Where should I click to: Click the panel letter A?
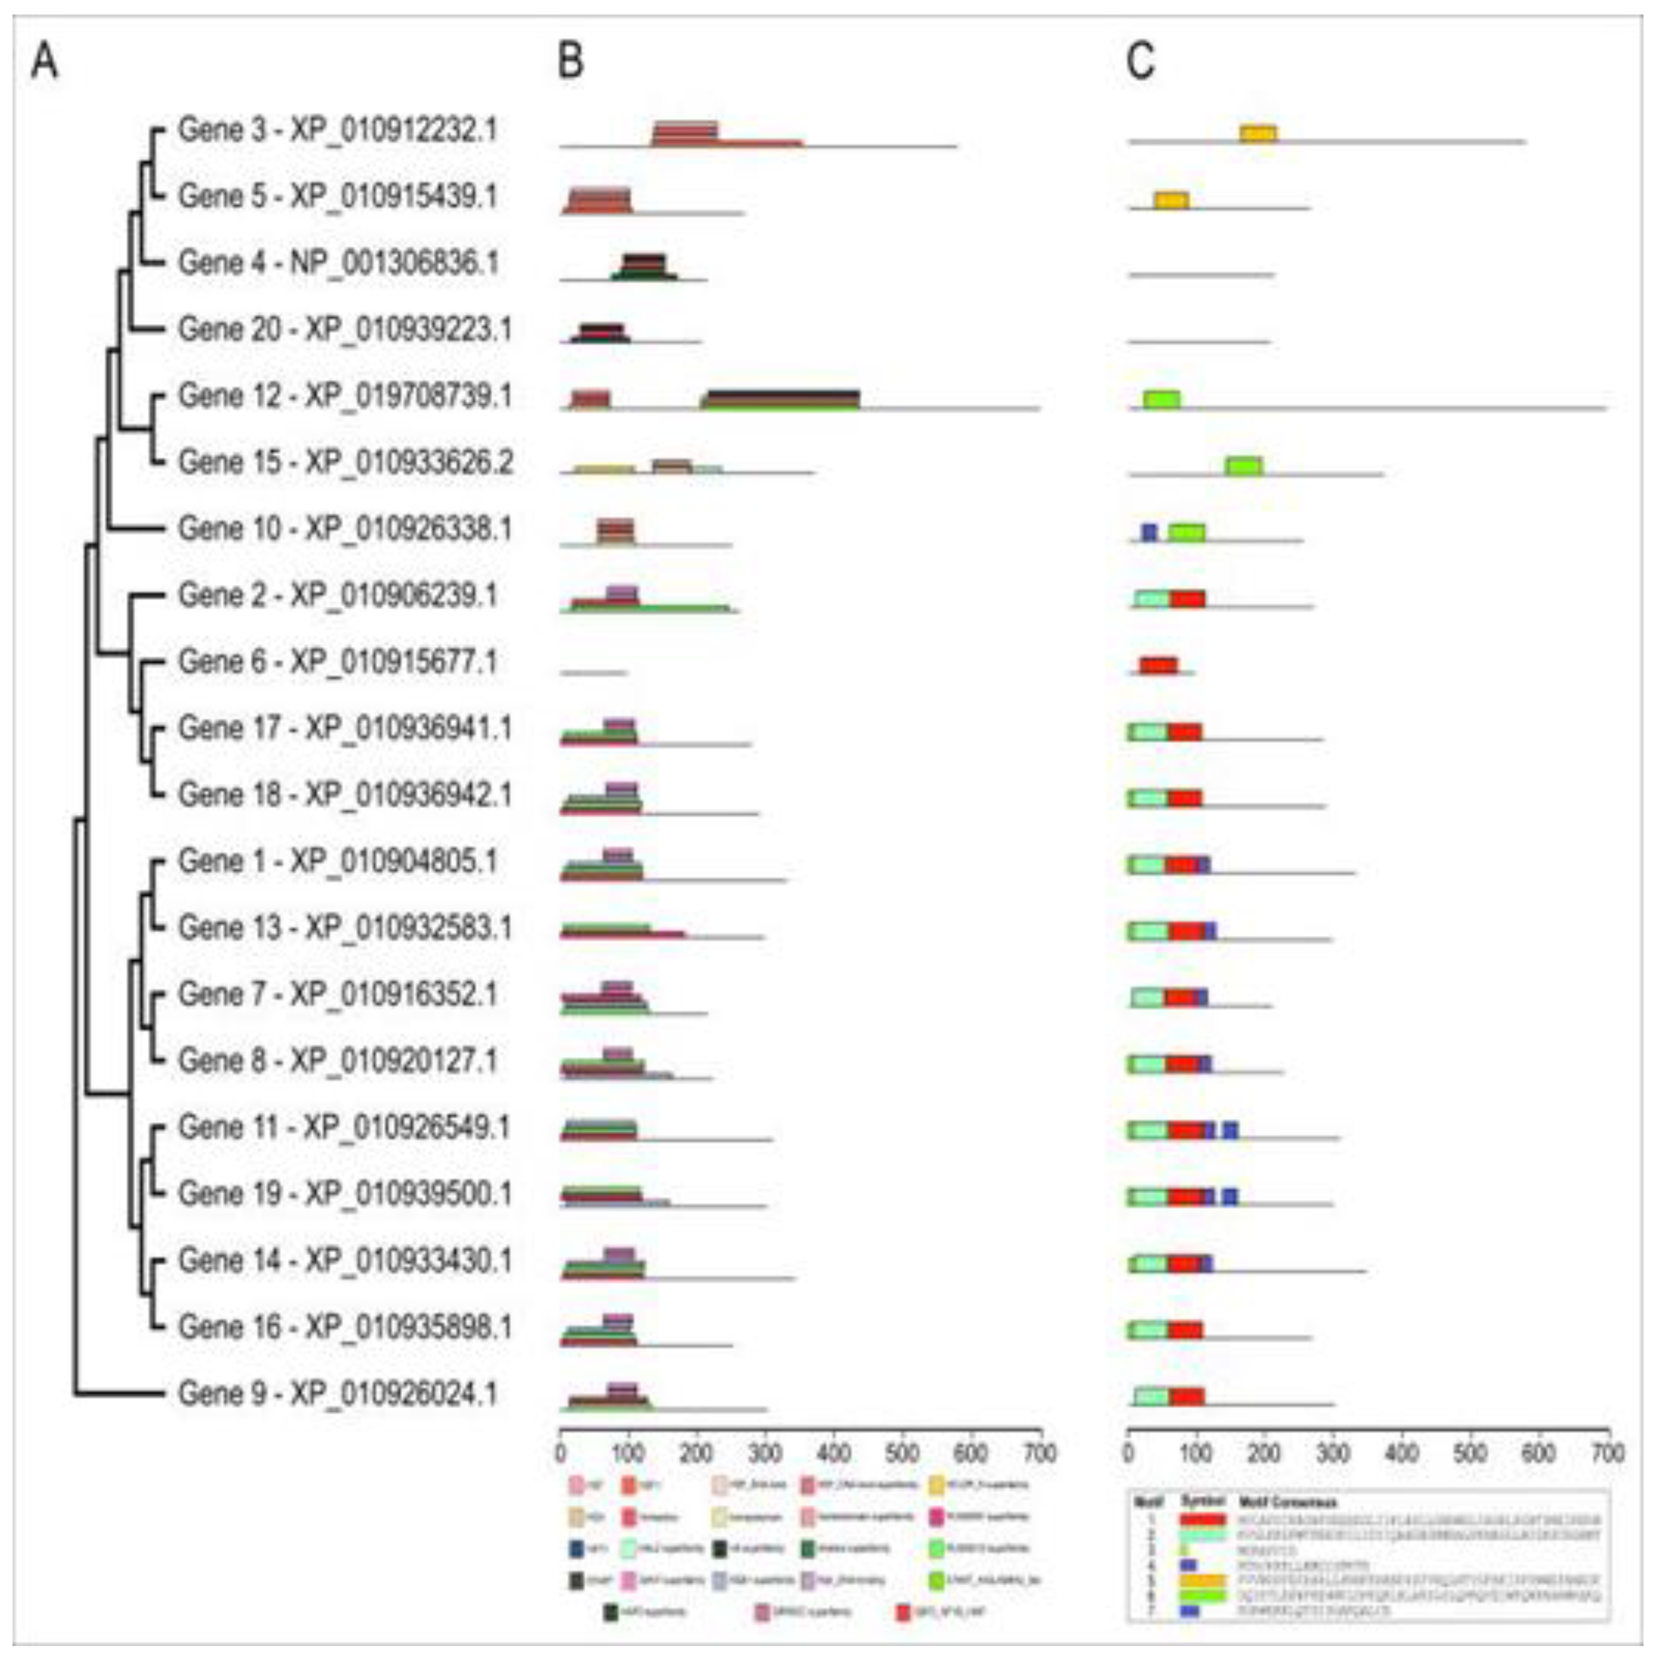click(x=45, y=63)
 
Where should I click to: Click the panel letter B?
click(x=571, y=63)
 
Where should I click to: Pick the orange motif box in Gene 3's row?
click(x=1258, y=133)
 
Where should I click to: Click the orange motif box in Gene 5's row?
click(x=1171, y=200)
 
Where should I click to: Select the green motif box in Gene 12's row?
click(x=1162, y=399)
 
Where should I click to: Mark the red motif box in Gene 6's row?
click(x=1158, y=665)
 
